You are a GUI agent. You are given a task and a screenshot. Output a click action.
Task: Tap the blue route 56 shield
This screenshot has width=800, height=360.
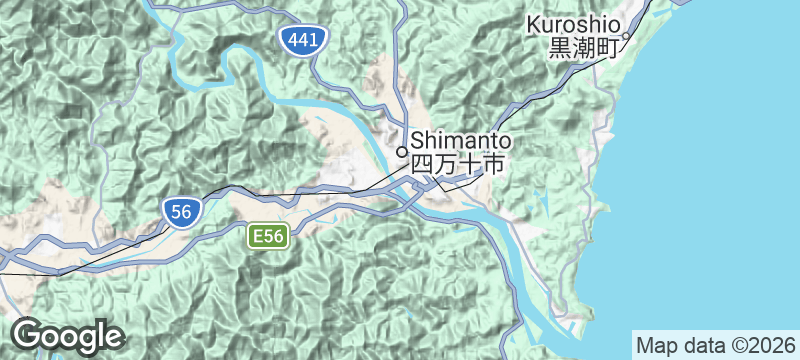click(x=181, y=211)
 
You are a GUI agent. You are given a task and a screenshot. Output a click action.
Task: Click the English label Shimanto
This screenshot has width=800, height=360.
click(x=461, y=140)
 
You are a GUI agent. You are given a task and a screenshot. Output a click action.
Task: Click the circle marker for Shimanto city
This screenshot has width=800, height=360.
click(x=402, y=152)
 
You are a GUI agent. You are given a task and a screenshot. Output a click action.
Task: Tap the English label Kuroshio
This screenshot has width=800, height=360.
click(x=573, y=24)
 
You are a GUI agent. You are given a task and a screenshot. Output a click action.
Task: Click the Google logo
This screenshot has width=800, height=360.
click(x=67, y=336)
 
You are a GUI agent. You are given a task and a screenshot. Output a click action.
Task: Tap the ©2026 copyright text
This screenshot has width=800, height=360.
click(x=754, y=344)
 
